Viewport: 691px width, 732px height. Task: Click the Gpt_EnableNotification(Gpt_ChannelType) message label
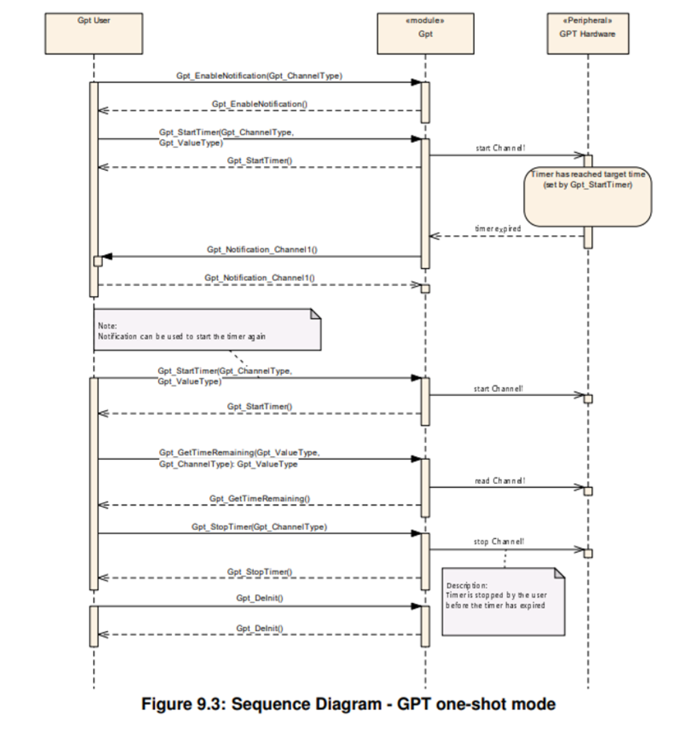pos(259,76)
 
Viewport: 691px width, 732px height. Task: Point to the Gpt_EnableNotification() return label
pos(259,103)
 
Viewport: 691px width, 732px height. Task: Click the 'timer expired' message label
pos(497,229)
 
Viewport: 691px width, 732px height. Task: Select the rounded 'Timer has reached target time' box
pos(587,197)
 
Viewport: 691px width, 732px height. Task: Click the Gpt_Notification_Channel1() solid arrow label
pos(261,250)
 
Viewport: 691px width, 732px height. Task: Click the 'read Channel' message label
pos(499,481)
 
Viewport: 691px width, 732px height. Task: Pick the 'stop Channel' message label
pos(499,542)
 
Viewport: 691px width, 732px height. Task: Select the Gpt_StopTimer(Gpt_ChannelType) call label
pos(259,527)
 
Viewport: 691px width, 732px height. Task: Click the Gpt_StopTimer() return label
pos(259,571)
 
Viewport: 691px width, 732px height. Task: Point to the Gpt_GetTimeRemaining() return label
pos(259,499)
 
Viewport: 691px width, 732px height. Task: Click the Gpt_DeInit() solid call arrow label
pos(259,598)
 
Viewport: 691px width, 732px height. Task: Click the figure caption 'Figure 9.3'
pos(349,704)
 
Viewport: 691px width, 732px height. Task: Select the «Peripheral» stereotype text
pos(587,20)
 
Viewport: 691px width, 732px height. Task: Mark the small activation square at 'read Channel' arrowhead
pos(588,491)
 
